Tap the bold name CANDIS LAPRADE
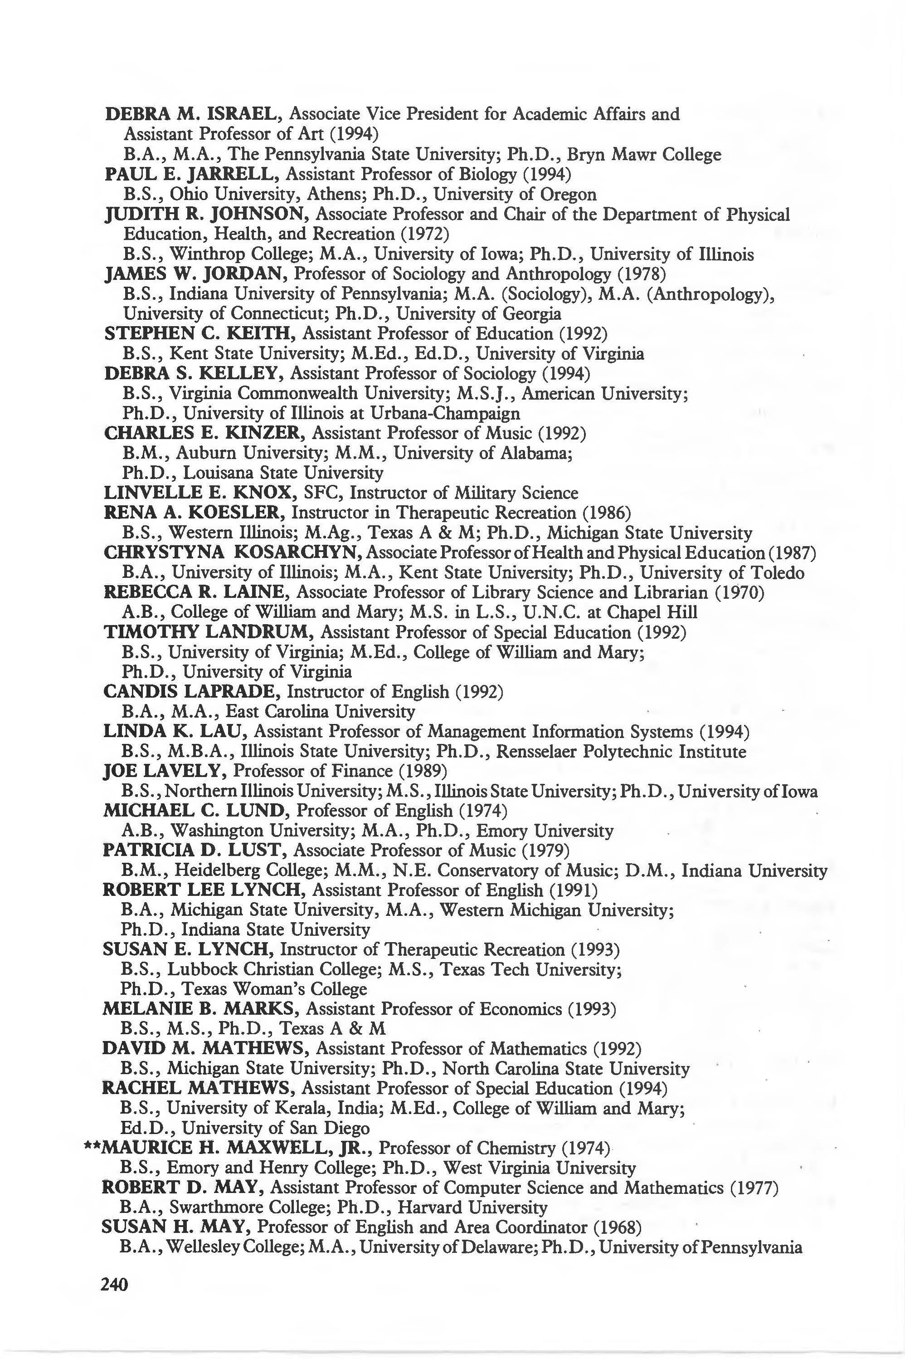click(190, 692)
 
